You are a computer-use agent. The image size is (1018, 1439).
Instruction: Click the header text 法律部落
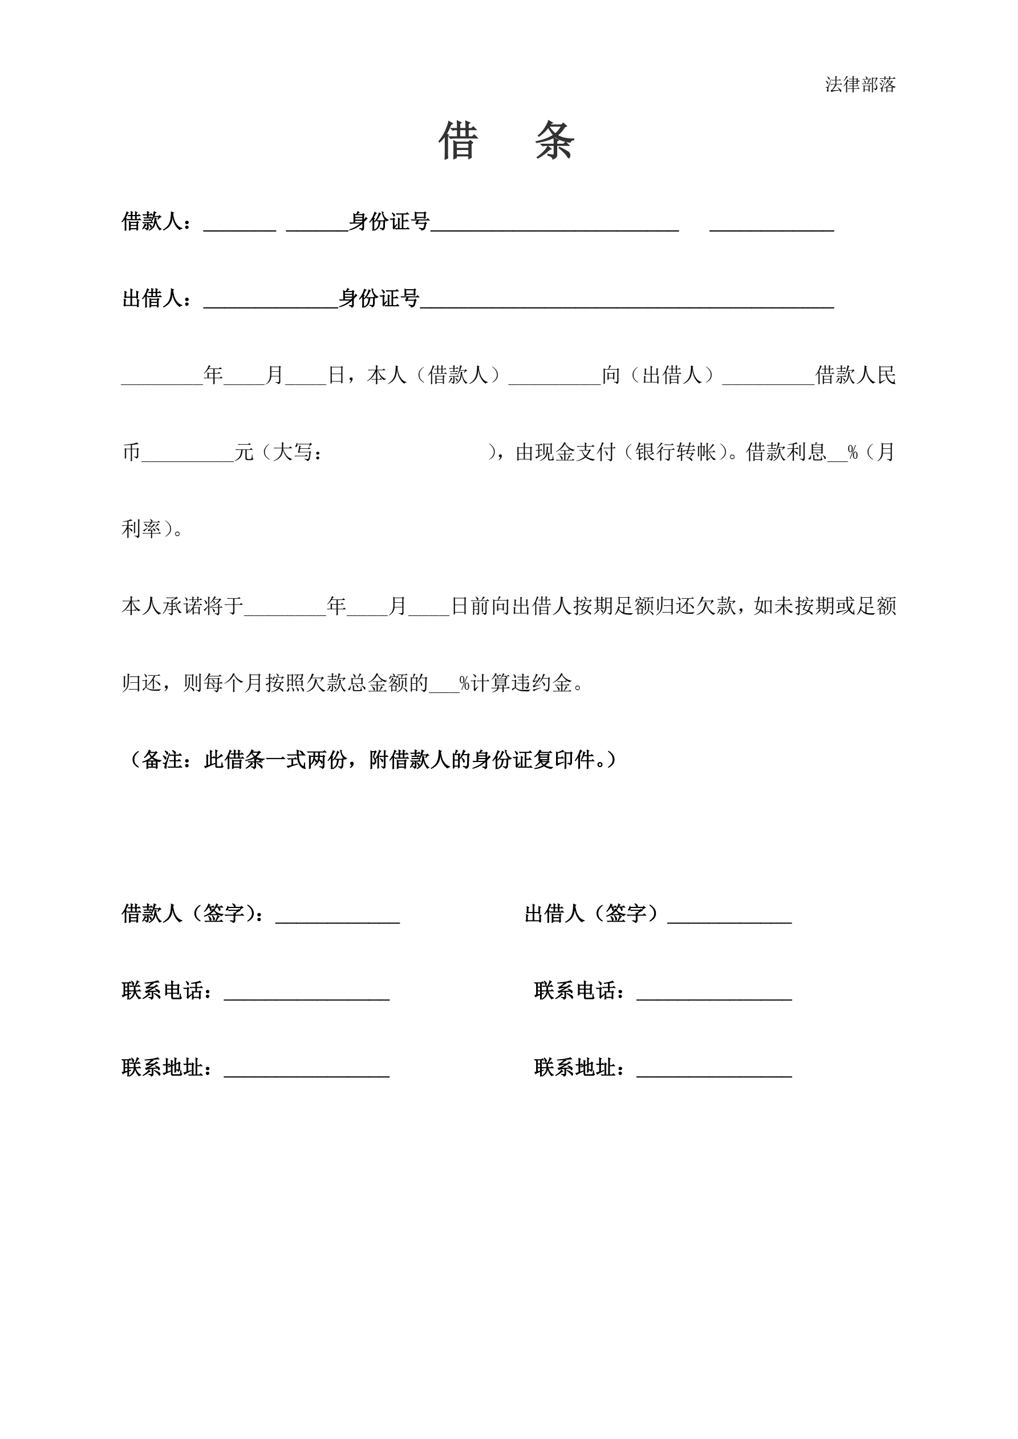pos(860,84)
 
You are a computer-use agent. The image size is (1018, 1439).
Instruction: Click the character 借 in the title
pos(458,141)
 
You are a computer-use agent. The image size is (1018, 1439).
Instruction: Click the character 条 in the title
pos(555,141)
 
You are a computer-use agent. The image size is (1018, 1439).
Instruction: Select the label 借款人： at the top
pos(157,221)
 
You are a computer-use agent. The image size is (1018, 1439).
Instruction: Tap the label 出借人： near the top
pos(157,298)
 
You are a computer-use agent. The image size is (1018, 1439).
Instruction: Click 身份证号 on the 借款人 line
pos(390,221)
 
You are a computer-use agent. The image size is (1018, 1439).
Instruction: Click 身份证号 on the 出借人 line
pos(379,298)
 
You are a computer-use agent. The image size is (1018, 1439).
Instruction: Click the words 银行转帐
pos(676,452)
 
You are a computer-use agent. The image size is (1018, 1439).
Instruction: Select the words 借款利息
pos(786,452)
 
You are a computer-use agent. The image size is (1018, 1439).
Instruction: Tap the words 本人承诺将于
pos(182,606)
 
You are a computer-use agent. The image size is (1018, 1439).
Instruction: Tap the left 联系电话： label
pos(167,991)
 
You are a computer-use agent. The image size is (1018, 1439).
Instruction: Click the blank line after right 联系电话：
pos(714,996)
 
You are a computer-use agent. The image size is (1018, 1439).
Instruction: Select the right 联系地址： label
pos(579,1068)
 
